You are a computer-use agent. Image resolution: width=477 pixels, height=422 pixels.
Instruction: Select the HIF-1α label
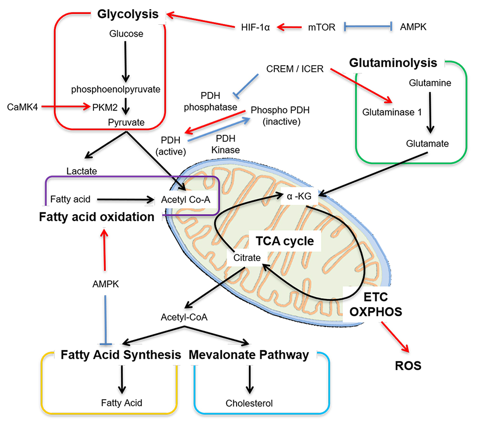pyautogui.click(x=255, y=28)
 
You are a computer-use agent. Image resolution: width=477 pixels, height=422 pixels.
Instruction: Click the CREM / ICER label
pyautogui.click(x=295, y=69)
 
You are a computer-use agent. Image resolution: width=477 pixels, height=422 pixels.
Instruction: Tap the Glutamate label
pyautogui.click(x=427, y=143)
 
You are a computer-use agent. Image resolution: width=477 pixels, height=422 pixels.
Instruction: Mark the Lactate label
pyautogui.click(x=82, y=170)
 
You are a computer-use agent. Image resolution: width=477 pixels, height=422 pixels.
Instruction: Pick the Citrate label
pyautogui.click(x=247, y=258)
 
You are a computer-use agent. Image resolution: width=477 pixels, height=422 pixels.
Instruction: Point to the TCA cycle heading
pyautogui.click(x=283, y=241)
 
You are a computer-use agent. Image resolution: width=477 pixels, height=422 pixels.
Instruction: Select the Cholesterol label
pyautogui.click(x=249, y=403)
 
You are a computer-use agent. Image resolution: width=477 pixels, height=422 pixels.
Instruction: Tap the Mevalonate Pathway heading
pyautogui.click(x=249, y=355)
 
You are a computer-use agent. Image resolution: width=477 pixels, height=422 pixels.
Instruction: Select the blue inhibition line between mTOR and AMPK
pyautogui.click(x=368, y=28)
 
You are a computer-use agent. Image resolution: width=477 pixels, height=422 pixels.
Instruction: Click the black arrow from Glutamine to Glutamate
pyautogui.click(x=431, y=112)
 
